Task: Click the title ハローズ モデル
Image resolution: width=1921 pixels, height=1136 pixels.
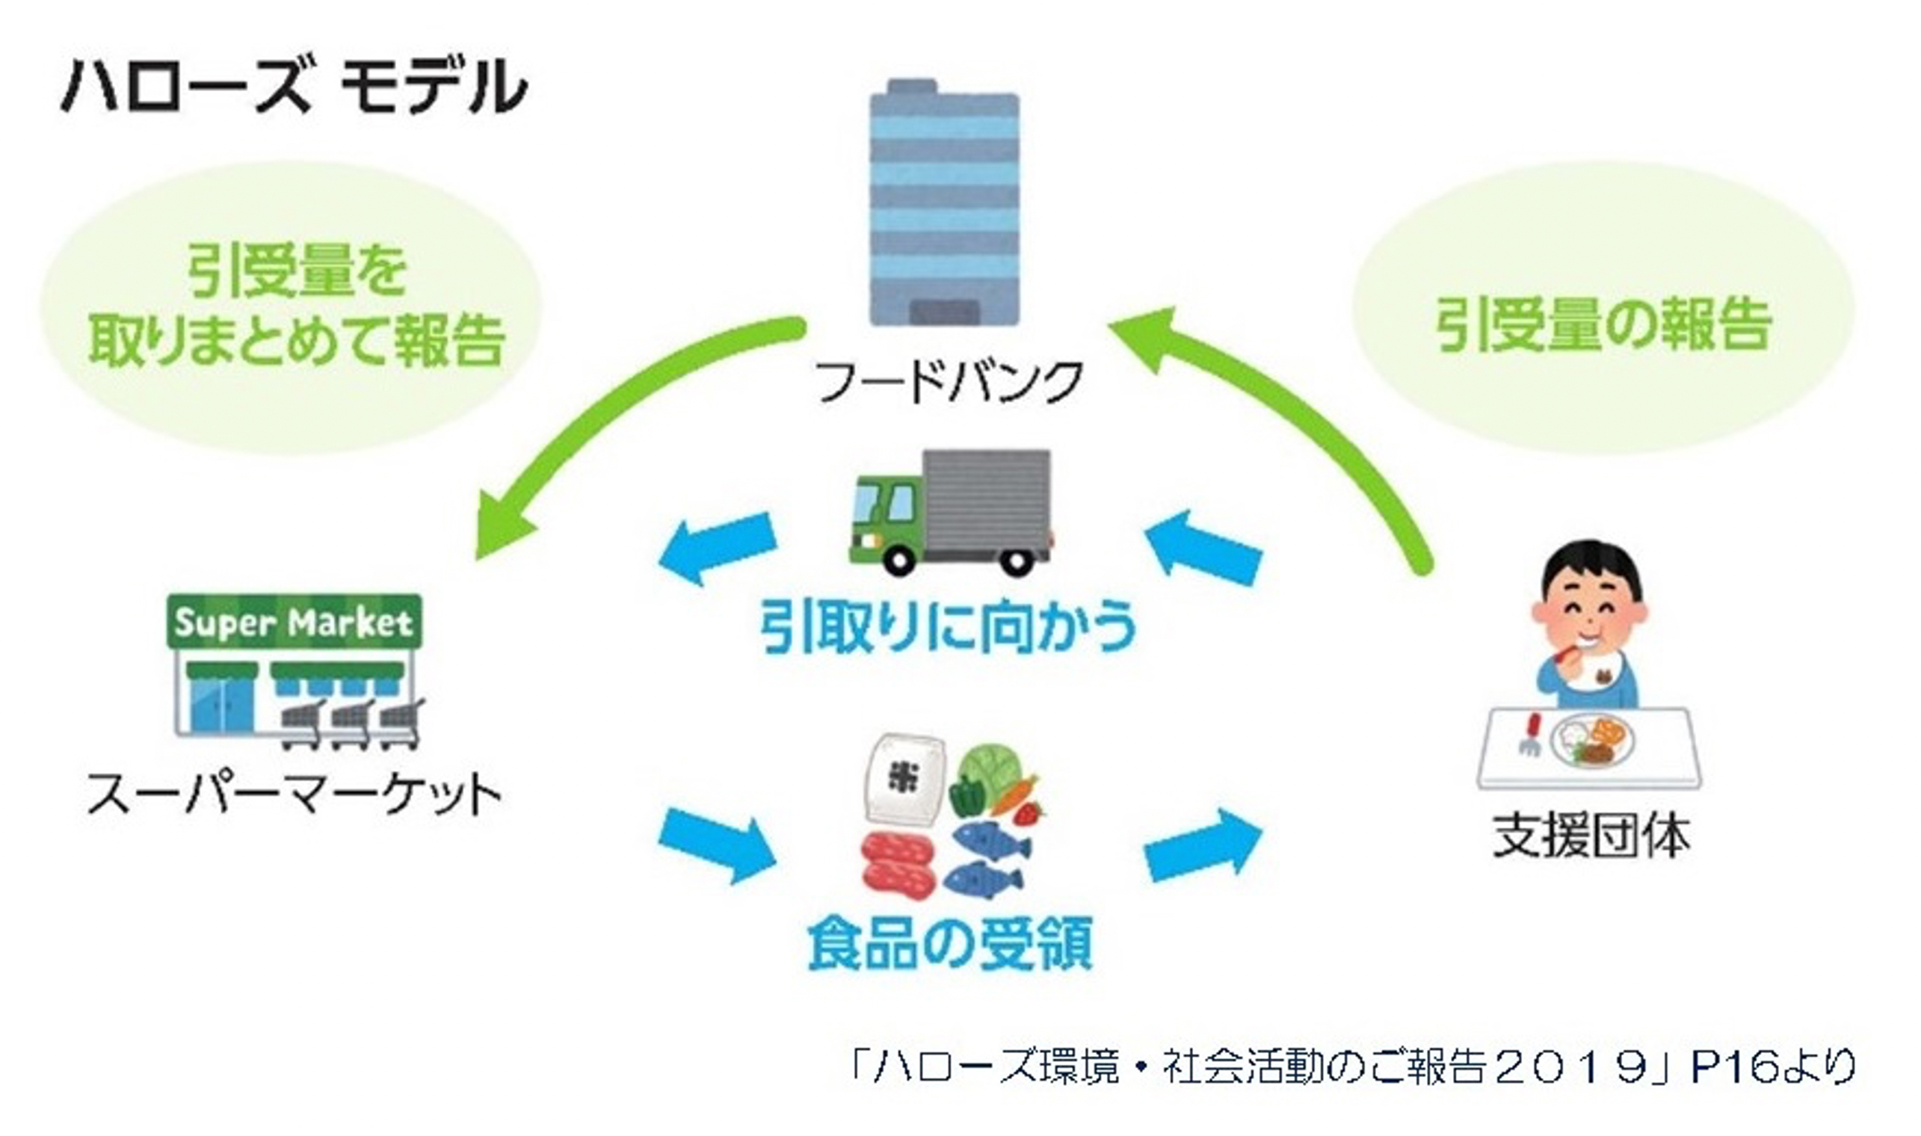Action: (294, 87)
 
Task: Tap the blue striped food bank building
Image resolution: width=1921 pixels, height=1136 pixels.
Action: (943, 207)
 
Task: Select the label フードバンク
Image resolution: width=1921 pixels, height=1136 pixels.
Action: (949, 381)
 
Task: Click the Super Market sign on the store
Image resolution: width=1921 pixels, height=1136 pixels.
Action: (294, 623)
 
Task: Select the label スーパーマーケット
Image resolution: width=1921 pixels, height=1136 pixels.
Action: (294, 794)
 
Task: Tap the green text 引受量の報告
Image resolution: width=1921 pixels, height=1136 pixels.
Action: (1603, 324)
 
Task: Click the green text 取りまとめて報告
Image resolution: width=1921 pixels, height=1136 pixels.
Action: (295, 339)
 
